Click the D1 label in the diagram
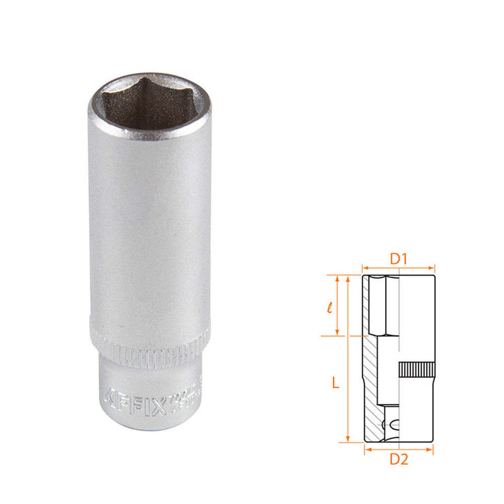click(x=399, y=259)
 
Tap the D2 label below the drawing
click(x=399, y=459)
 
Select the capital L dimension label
click(x=335, y=383)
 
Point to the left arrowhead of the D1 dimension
click(x=364, y=268)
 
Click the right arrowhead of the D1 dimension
click(x=432, y=268)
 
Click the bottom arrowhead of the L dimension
click(x=347, y=439)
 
